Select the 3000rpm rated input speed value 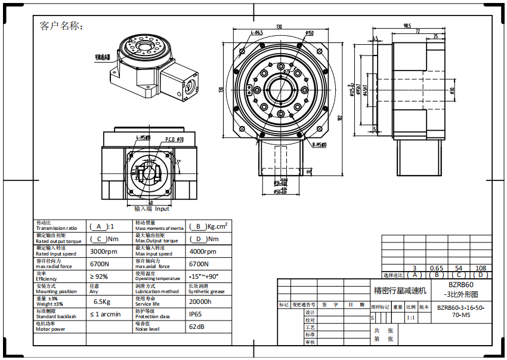pos(103,251)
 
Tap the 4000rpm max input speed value pos(203,251)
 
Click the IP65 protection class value pos(196,314)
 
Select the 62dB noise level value pos(197,327)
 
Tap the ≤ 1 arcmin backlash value pos(105,314)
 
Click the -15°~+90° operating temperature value pos(203,276)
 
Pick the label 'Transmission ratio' pos(56,228)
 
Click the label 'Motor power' pos(51,329)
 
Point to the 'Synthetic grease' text pos(207,291)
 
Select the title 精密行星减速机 pos(400,291)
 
